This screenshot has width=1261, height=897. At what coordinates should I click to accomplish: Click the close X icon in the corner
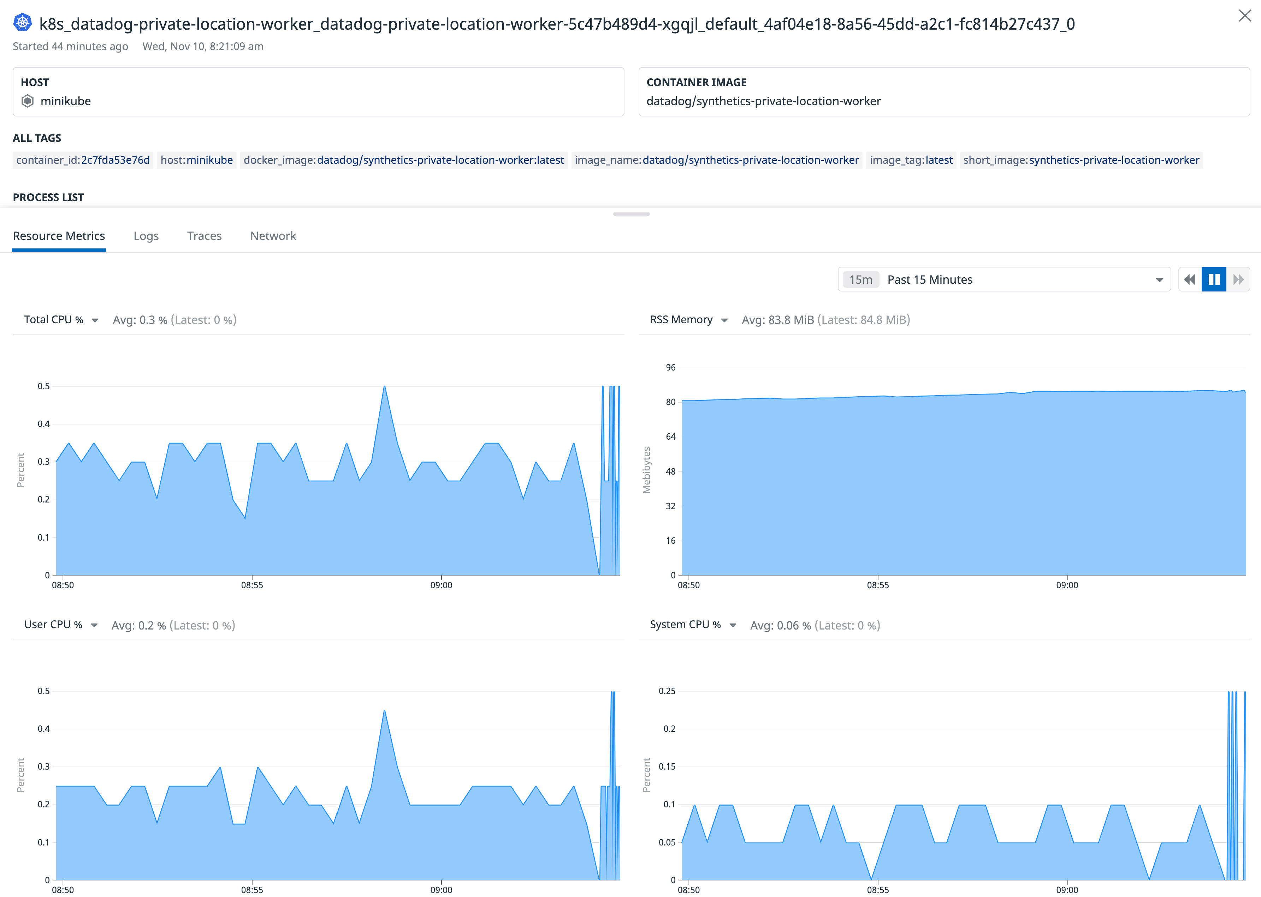(1244, 16)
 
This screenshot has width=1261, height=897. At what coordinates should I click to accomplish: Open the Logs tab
(146, 236)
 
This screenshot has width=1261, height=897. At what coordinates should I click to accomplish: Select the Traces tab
(204, 236)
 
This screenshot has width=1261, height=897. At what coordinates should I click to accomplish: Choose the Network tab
(273, 236)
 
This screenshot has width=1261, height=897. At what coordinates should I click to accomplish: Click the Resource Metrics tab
(59, 236)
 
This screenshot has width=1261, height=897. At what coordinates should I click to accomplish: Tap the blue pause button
(1214, 279)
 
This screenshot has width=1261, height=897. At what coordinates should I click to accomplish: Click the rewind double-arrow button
(1190, 279)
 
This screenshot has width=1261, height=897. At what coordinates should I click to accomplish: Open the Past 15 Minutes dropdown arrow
(1159, 280)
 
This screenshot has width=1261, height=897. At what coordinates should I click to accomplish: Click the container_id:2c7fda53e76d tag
(83, 160)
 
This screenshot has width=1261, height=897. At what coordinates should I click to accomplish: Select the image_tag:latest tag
(911, 160)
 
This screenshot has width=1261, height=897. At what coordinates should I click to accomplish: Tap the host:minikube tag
(196, 160)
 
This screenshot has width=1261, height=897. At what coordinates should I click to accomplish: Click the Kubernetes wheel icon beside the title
(23, 23)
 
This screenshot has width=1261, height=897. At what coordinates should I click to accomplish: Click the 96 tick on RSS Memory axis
(670, 368)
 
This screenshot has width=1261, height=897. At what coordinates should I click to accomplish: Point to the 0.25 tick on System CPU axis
(667, 691)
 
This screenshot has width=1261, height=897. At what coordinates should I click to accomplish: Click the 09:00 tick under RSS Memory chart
(1067, 585)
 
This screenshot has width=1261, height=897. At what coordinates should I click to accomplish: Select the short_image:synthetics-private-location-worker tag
(1081, 160)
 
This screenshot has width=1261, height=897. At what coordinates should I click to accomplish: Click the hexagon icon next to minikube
(28, 101)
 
